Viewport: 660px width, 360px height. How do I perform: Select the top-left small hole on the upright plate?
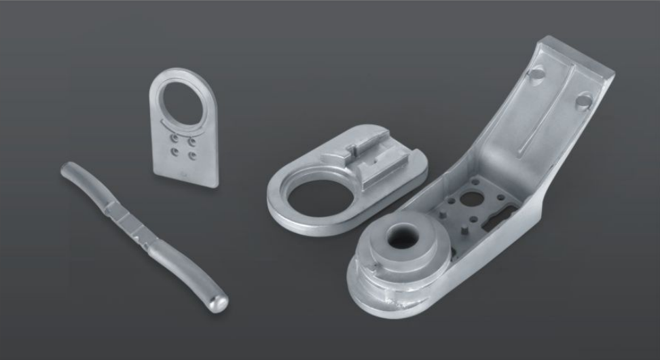click(175, 141)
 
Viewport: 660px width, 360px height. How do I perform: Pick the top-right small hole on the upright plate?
click(193, 141)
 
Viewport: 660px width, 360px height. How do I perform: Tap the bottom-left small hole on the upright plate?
click(175, 154)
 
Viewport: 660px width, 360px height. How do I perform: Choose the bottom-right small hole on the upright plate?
click(192, 156)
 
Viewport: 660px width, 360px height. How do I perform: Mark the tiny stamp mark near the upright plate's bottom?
click(185, 173)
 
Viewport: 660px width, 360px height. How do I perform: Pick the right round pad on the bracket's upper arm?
click(584, 101)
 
